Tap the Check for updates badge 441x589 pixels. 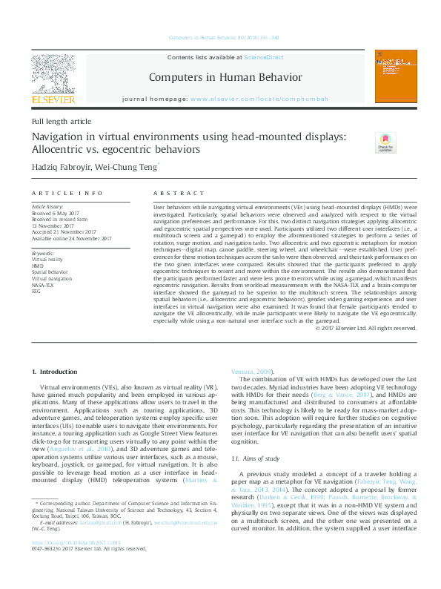click(385, 142)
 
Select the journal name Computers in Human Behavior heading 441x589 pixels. click(225, 77)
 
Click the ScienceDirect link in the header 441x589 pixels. click(265, 57)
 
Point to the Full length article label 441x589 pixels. click(61, 120)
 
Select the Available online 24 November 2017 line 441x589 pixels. click(71, 238)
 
